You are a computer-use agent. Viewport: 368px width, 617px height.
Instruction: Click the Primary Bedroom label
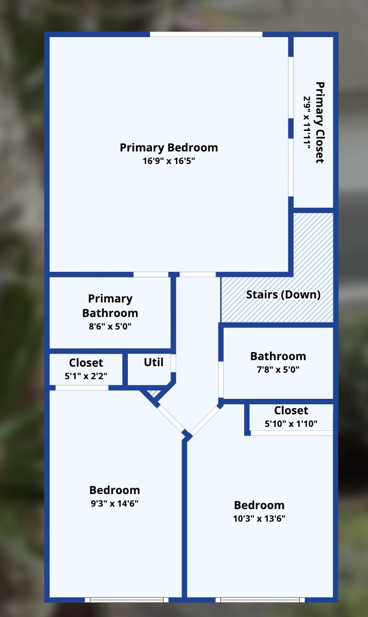click(169, 147)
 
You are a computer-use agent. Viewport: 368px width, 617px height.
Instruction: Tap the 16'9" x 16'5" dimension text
click(169, 161)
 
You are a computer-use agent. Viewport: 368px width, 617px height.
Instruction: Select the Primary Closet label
click(320, 122)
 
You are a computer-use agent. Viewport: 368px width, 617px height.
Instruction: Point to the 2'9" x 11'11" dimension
click(307, 122)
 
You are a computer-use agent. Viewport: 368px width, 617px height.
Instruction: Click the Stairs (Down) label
click(283, 295)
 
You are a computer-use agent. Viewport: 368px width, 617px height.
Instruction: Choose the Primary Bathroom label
click(110, 306)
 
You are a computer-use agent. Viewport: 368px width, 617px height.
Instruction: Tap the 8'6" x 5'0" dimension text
click(110, 327)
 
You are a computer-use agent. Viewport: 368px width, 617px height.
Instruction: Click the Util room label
click(153, 362)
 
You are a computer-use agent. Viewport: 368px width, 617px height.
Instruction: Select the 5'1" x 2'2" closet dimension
click(86, 376)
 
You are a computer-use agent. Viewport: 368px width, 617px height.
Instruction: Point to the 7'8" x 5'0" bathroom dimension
click(278, 369)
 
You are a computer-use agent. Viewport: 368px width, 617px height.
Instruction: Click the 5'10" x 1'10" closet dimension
click(291, 424)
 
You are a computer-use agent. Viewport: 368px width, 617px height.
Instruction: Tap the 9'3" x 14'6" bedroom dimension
click(114, 504)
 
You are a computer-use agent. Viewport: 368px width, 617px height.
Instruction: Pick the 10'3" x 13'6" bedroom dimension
click(259, 519)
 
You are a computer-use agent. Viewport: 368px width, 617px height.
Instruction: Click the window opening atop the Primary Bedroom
click(206, 35)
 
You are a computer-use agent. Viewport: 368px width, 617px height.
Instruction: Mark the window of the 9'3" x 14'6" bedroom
click(127, 600)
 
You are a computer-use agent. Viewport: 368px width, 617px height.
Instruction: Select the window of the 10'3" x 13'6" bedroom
click(260, 600)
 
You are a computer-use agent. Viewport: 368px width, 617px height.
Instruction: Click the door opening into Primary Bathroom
click(151, 274)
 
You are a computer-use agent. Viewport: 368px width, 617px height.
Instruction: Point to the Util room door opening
click(173, 363)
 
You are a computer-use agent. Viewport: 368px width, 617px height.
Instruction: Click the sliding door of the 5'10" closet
click(292, 433)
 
